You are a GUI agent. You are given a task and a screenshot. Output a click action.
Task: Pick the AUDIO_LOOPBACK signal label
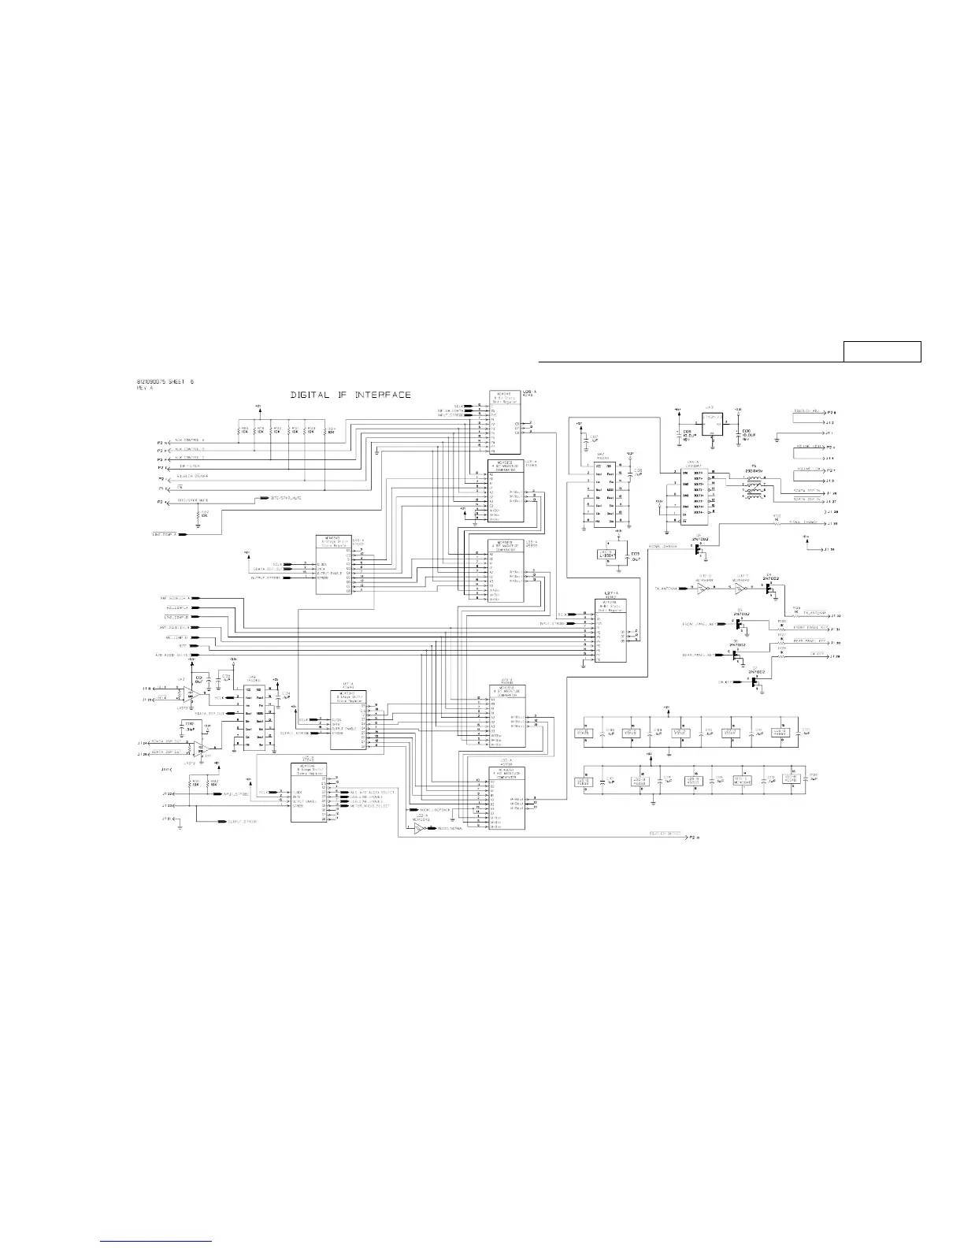tap(435, 809)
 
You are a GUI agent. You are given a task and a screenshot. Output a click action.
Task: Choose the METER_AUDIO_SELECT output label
tap(370, 806)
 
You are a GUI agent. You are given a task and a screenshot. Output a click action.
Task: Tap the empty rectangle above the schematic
tap(882, 351)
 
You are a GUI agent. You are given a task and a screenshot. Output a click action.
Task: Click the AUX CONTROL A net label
tap(190, 440)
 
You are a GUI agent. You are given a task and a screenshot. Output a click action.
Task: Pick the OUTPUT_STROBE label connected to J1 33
tap(241, 822)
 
